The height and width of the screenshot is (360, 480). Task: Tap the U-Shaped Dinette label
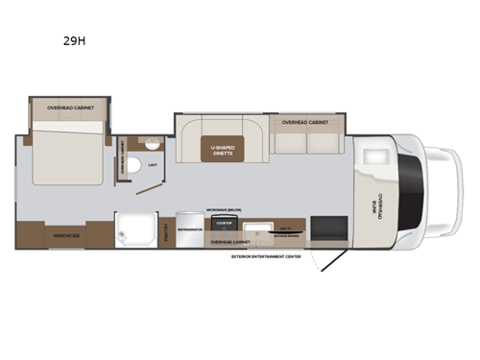tap(223, 149)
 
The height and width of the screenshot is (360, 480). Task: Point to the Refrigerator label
tap(189, 230)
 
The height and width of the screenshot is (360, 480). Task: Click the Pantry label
tap(168, 230)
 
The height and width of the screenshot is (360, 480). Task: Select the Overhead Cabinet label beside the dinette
tap(305, 123)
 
